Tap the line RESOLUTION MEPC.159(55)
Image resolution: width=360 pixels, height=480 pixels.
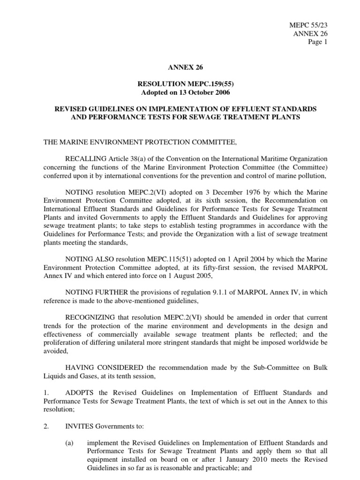click(180, 85)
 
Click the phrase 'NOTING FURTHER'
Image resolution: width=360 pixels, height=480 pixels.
click(97, 292)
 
